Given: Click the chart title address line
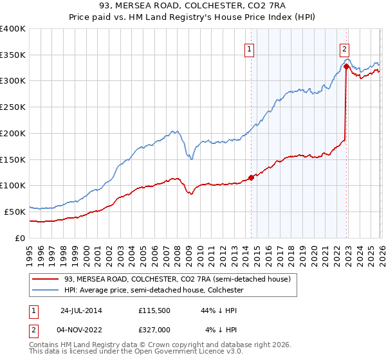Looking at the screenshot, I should coord(192,6).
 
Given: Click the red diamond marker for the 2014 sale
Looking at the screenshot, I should coord(251,177).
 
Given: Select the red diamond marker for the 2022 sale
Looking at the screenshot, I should coord(346,66).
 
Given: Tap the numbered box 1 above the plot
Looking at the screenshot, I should coord(249,48).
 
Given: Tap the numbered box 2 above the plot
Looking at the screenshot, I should coord(345,48).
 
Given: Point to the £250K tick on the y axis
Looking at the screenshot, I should coord(13,107).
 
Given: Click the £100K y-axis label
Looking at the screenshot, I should coord(13,185).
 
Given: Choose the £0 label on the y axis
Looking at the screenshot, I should coord(19,238).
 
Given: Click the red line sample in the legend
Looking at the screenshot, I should coord(46,279).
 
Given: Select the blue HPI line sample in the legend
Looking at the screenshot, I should coord(46,291).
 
